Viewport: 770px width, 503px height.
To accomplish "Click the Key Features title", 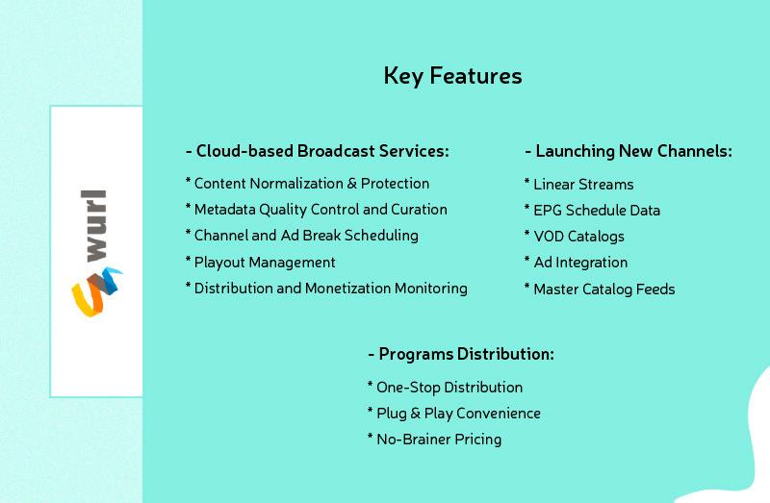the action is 452,76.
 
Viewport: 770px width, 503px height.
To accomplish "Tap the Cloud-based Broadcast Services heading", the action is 318,151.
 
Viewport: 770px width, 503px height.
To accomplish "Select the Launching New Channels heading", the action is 629,151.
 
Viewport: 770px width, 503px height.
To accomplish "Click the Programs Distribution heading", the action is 461,354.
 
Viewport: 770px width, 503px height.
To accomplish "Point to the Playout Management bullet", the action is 260,262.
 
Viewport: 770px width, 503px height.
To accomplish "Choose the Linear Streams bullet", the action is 579,184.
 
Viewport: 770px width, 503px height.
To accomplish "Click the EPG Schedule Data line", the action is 592,210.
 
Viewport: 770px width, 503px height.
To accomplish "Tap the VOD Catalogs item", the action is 574,237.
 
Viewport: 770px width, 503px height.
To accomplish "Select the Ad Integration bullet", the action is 576,263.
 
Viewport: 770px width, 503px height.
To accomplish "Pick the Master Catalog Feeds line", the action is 600,289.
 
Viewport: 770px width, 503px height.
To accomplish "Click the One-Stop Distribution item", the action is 445,388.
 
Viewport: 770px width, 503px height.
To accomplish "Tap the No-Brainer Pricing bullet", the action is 435,440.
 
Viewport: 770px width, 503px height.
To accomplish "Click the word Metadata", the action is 225,210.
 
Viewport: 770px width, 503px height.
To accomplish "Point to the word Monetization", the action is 347,289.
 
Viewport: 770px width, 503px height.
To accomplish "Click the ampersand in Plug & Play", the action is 416,414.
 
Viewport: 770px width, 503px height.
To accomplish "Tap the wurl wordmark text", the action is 93,225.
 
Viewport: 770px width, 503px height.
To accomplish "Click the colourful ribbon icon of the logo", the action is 97,292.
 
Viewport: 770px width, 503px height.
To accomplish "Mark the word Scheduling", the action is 381,236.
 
